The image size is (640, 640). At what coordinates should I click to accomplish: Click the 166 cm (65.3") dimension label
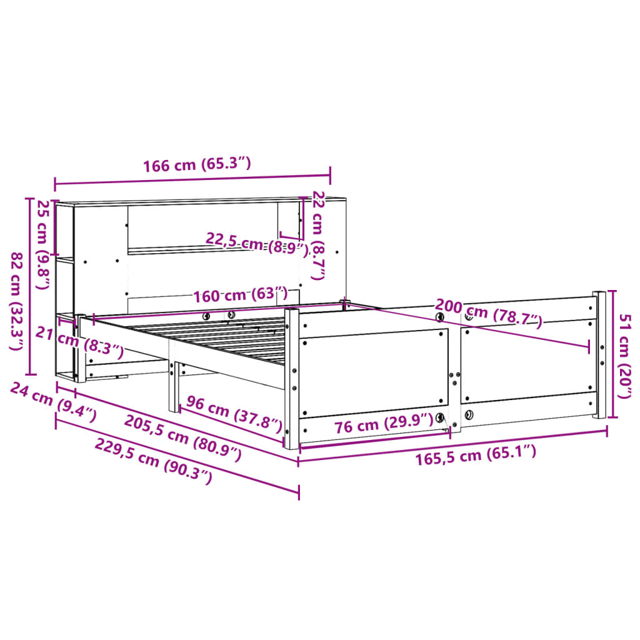[x=197, y=165]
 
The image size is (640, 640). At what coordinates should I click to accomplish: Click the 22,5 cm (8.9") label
[x=257, y=244]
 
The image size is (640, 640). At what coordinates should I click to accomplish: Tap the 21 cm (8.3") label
[x=79, y=341]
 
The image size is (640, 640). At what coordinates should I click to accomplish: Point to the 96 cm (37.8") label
[x=233, y=414]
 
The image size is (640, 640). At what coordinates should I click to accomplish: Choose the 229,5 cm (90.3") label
[x=153, y=461]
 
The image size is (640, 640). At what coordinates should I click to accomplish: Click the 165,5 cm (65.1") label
[x=476, y=455]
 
